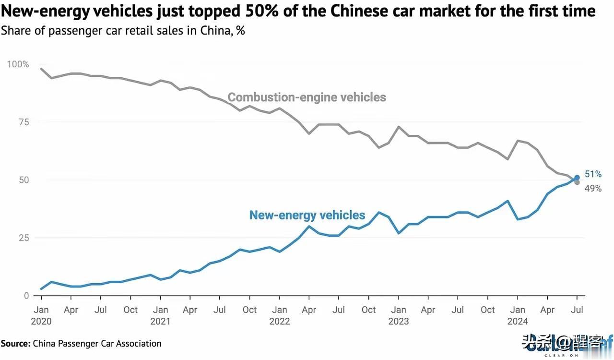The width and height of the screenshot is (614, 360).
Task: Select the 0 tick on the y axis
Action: click(26, 296)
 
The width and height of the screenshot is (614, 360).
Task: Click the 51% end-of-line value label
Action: click(593, 174)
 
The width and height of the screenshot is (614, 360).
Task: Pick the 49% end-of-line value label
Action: click(593, 189)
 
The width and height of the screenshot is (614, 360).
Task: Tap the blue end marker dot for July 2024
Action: click(577, 178)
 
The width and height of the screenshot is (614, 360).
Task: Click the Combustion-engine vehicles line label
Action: click(307, 97)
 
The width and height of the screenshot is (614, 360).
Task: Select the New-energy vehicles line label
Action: click(307, 215)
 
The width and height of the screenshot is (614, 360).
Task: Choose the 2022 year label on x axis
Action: click(280, 321)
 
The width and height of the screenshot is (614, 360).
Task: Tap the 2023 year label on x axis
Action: click(398, 321)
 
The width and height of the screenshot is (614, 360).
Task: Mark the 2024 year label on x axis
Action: click(518, 321)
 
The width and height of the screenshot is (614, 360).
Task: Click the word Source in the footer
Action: click(15, 343)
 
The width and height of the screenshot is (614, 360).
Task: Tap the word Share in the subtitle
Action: click(14, 31)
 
